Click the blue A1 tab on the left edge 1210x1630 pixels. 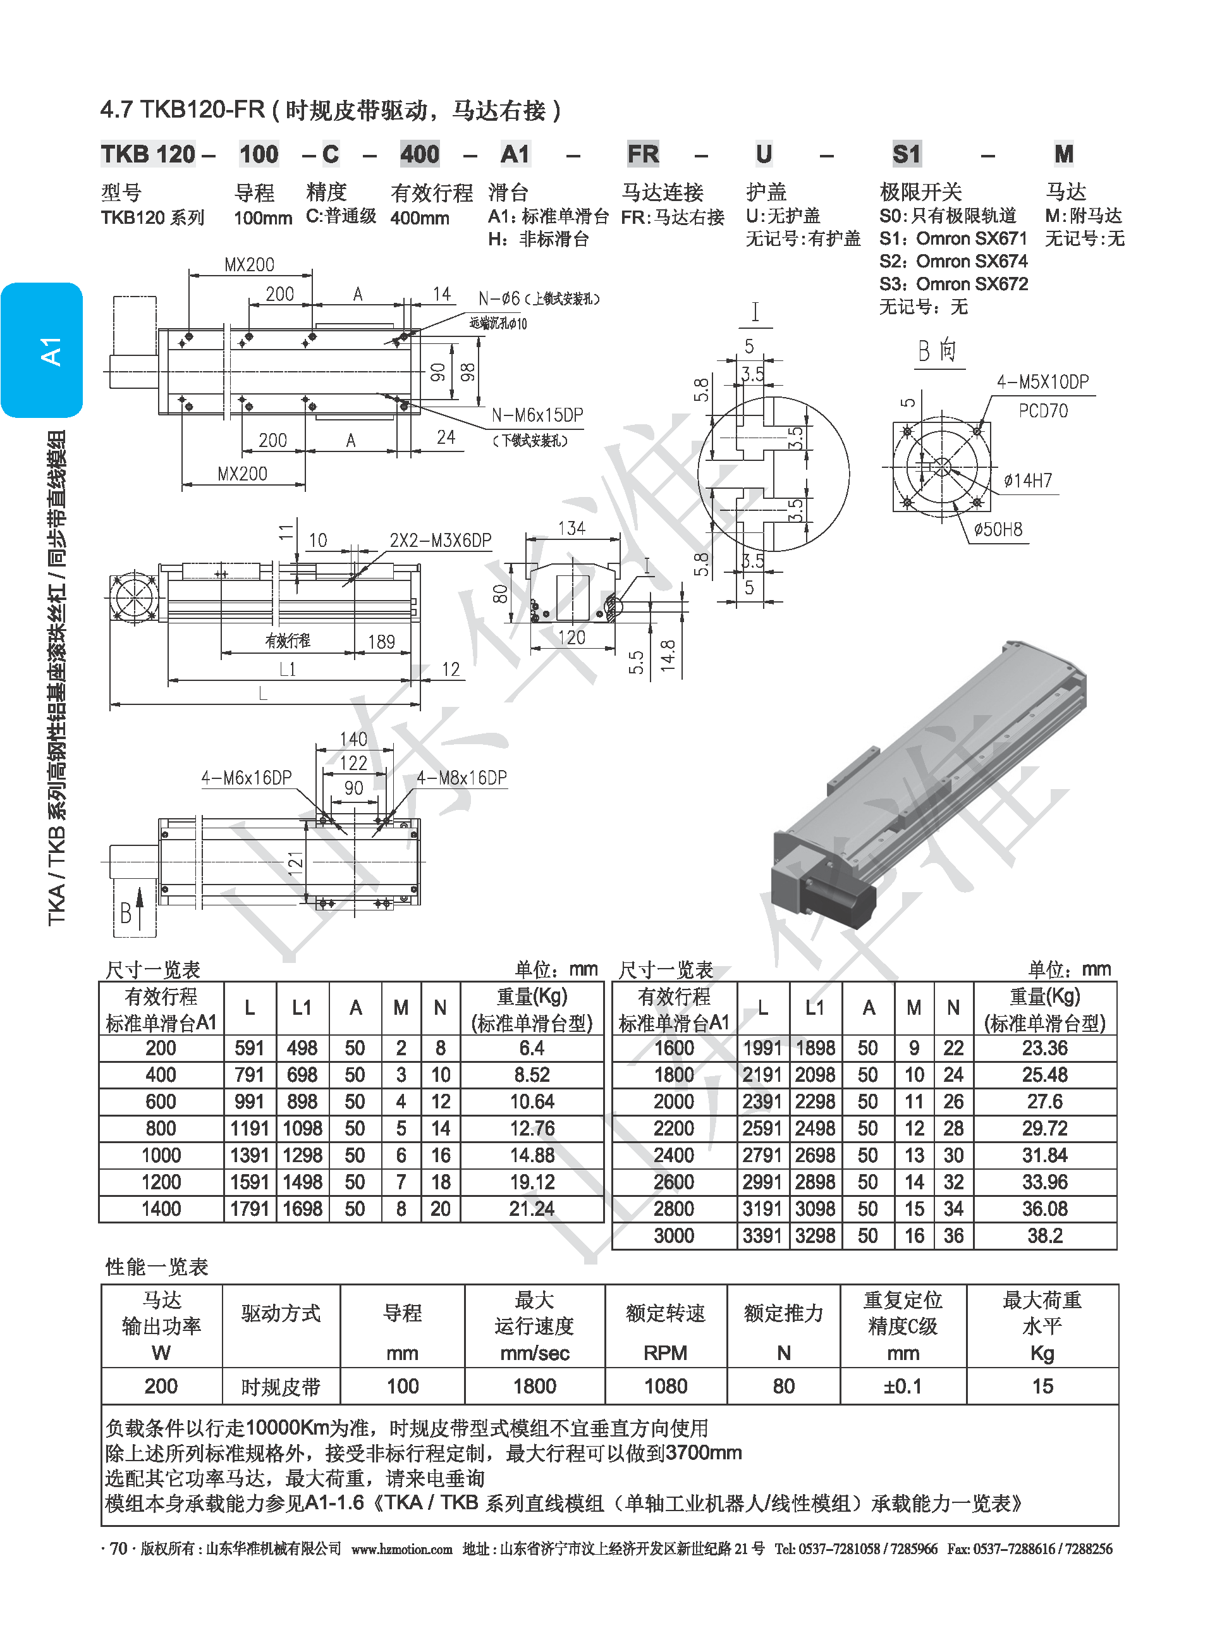coord(42,350)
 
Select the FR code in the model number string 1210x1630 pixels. coord(642,154)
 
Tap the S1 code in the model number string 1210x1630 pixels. coord(906,154)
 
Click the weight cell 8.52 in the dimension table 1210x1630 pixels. coord(532,1075)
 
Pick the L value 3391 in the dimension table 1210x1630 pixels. coord(762,1236)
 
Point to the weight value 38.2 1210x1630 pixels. coord(1044,1236)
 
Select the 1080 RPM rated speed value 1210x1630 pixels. coord(665,1386)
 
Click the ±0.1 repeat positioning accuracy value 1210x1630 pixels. coord(902,1386)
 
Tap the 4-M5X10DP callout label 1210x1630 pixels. coord(1042,382)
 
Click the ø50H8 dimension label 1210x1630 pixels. coord(998,529)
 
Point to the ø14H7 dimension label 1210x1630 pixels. coord(1028,481)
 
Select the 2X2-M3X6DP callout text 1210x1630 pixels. coord(440,541)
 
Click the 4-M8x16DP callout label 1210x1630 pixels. coord(461,778)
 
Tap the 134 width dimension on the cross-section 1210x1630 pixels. coord(571,528)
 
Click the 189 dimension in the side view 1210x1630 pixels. coord(381,642)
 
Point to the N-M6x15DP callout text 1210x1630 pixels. coord(537,415)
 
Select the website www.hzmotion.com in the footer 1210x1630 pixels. coord(401,1548)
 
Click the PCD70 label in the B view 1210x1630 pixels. coord(1043,411)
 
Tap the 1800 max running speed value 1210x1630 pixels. coord(535,1386)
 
